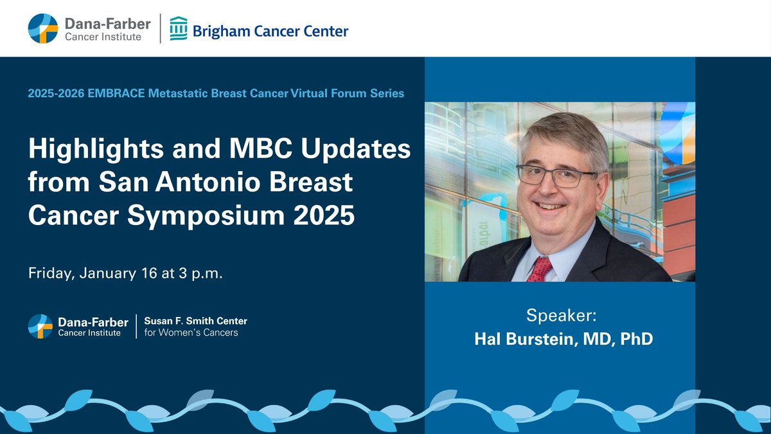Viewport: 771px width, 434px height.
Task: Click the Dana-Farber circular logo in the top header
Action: (x=43, y=28)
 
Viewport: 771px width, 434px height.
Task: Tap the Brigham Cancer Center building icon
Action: (x=179, y=28)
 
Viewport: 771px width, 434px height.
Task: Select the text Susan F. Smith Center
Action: (x=195, y=321)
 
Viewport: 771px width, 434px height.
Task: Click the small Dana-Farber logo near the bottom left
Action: (x=40, y=326)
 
